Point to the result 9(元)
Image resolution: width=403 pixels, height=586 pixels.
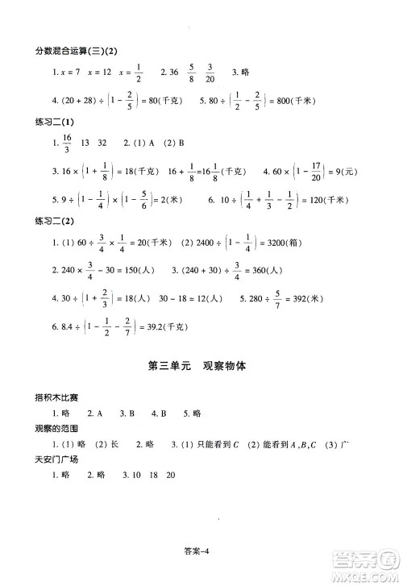tap(361, 171)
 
